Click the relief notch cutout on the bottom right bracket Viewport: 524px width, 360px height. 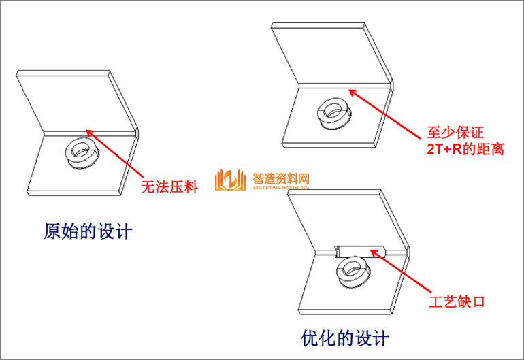[x=361, y=250]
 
